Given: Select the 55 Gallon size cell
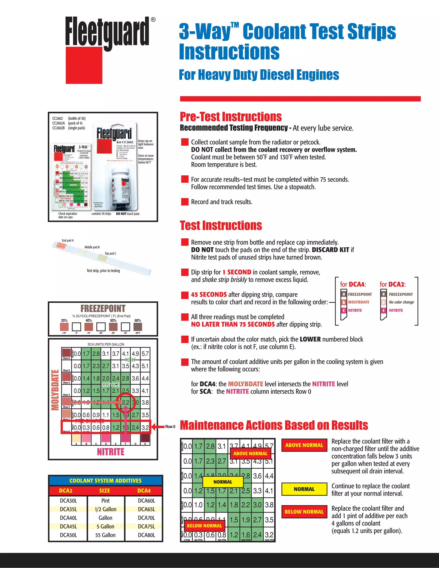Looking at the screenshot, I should point(105,535).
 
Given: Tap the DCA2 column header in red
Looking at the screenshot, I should point(66,490).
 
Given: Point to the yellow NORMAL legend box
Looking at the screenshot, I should point(304,489).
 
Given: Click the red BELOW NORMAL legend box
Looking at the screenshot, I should point(304,512).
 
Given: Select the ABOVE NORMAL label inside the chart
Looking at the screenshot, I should point(250,454).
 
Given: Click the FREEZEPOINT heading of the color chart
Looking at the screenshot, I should point(103,308).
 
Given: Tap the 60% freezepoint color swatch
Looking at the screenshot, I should point(138,327).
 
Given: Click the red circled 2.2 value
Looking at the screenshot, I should point(126,402).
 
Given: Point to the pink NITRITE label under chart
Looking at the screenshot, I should point(111,452).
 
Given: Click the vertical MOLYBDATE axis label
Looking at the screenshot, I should point(55,390).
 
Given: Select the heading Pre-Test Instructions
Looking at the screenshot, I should point(231,117).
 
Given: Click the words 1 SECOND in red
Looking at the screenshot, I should point(237,272).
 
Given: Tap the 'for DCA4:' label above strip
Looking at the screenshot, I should point(353,284).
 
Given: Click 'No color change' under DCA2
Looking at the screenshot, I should point(401,302).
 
